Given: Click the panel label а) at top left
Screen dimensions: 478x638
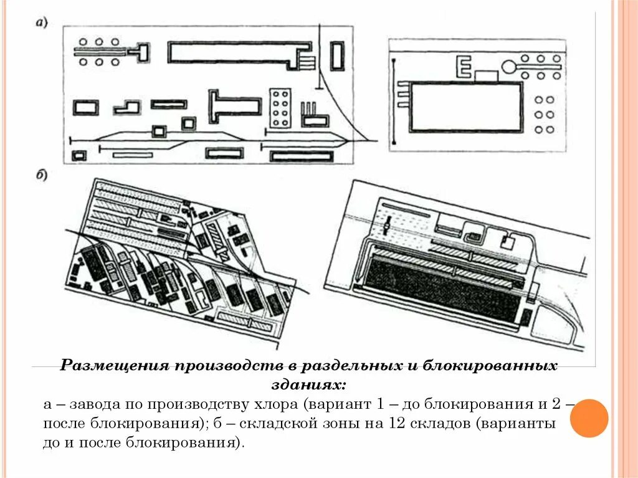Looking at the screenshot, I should (x=42, y=23).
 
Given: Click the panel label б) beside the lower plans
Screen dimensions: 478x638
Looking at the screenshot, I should (x=42, y=176).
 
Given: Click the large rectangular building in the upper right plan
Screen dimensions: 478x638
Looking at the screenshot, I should (x=465, y=107).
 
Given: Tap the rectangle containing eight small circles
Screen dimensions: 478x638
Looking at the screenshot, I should (x=280, y=107).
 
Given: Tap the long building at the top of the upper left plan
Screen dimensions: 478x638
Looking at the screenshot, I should (x=237, y=52).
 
